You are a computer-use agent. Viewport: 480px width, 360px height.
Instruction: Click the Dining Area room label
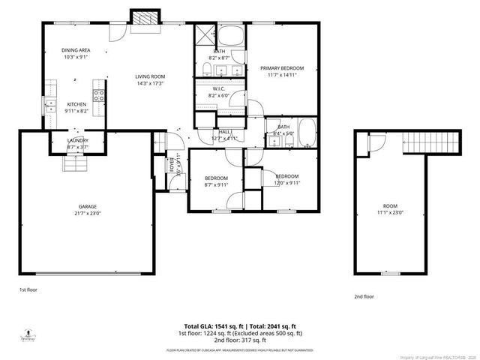tap(76, 50)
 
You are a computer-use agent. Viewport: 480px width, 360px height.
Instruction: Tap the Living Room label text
tap(150, 76)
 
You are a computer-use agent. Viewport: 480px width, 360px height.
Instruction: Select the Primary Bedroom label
tap(280, 69)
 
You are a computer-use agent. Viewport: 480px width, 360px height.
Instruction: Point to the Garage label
tap(88, 206)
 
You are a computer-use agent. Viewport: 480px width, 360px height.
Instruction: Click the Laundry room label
tap(78, 140)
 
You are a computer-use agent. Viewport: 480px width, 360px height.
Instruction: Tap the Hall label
tap(224, 132)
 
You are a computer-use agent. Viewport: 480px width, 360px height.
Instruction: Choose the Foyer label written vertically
tap(172, 163)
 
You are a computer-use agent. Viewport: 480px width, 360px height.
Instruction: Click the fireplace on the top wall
tap(144, 20)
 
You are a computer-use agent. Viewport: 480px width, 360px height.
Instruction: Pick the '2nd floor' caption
tap(364, 296)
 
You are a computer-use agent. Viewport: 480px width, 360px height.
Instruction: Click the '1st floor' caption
tap(28, 289)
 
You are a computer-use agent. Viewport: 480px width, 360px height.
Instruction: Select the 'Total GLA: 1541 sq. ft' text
tap(206, 325)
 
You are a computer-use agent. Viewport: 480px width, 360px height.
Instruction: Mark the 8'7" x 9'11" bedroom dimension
tap(216, 184)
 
